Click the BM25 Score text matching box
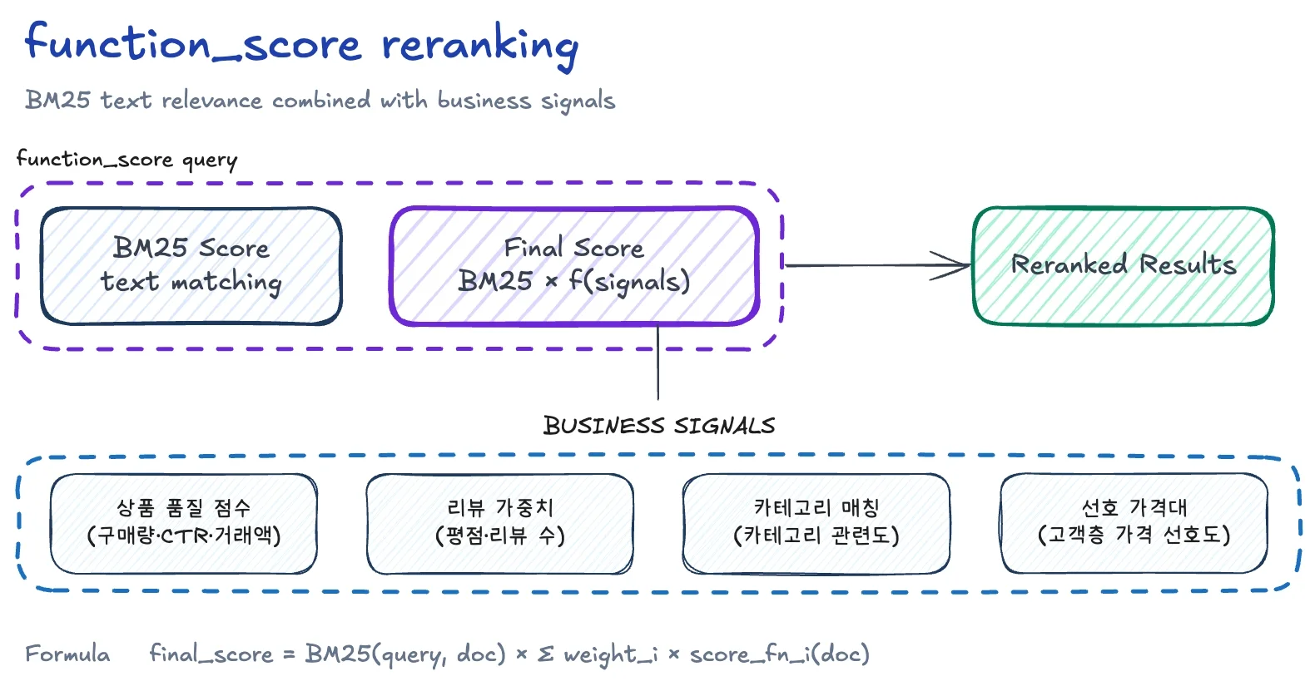[191, 265]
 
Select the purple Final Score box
[574, 265]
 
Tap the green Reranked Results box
[1123, 265]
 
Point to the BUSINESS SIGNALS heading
[658, 426]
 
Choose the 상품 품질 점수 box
[184, 523]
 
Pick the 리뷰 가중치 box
[499, 523]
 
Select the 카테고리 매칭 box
[816, 523]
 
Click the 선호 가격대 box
[1134, 523]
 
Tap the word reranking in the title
[479, 45]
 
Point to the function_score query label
[127, 159]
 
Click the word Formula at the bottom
[67, 654]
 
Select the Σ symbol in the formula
[545, 654]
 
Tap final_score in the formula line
[211, 654]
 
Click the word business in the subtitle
[484, 101]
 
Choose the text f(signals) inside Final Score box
[629, 282]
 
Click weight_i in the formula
[610, 654]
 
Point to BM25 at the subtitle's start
[57, 100]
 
